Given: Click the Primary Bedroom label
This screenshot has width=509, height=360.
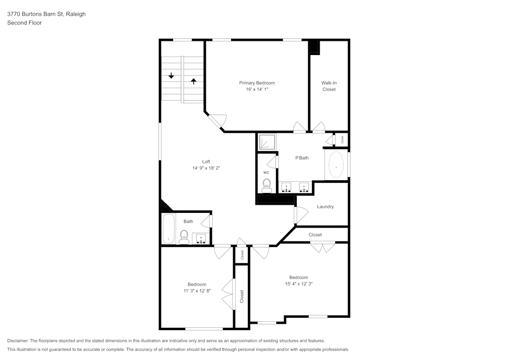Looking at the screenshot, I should (257, 83).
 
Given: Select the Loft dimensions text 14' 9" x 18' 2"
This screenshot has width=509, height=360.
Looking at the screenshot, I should (206, 168).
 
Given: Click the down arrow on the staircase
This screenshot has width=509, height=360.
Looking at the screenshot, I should (171, 76).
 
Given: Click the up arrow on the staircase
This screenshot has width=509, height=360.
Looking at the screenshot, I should (193, 80).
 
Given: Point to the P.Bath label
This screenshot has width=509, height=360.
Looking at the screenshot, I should (302, 158).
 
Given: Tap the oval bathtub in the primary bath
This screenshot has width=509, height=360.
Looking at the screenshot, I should (336, 165).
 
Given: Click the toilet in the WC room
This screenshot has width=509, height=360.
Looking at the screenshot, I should (266, 186).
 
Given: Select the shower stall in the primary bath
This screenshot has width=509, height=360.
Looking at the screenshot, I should (267, 142).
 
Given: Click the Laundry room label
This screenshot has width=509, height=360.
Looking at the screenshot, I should (325, 207).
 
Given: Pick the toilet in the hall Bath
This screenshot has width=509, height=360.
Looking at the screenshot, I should (184, 236).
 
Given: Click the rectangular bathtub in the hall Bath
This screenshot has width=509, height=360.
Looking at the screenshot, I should (168, 229).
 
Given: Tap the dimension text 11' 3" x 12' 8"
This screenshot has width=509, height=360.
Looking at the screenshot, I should (197, 291).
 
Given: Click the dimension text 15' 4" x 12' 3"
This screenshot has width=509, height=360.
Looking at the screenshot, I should (299, 284).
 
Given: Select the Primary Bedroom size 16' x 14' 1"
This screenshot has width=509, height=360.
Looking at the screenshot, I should (257, 90).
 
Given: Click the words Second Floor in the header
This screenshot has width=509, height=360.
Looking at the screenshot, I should (24, 23).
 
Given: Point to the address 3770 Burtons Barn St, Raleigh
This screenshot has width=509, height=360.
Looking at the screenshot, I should (46, 14).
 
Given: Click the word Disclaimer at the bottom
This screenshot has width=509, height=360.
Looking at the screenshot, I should (18, 341).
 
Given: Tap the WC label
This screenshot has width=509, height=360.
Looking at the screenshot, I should (266, 173).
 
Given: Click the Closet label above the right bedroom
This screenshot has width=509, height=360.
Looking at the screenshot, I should (315, 235).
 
